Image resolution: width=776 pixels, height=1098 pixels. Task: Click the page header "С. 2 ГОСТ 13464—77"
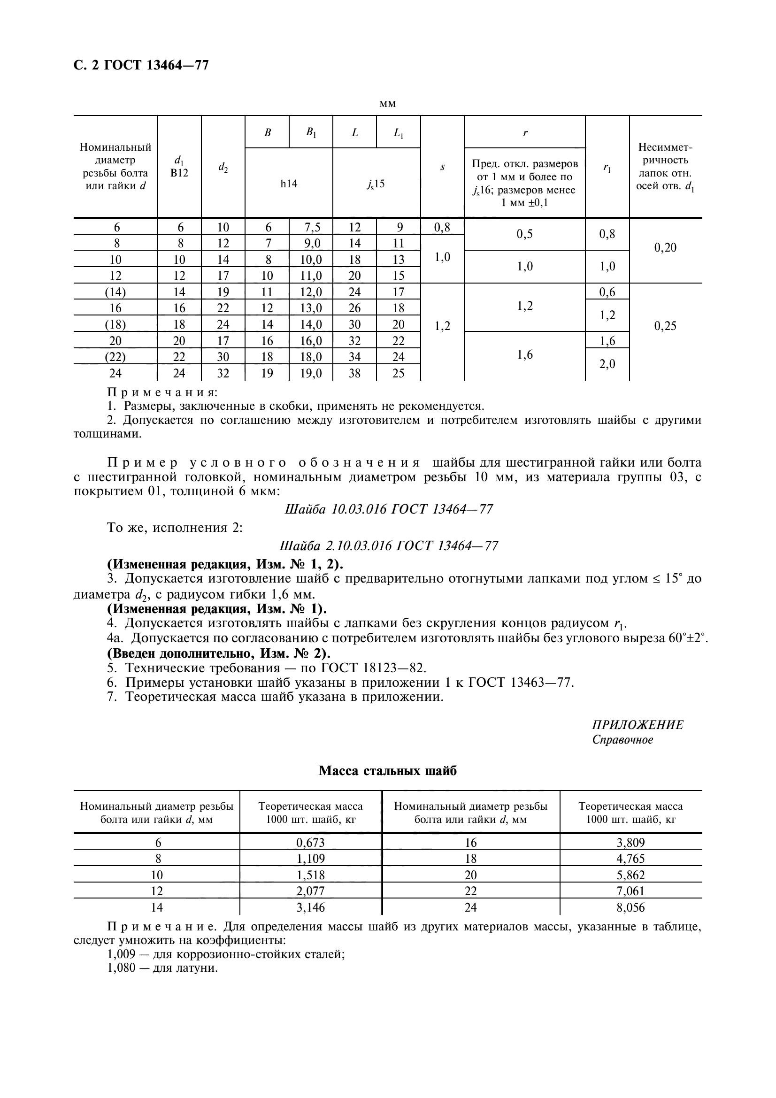click(141, 65)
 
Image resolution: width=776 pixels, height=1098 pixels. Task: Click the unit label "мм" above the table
click(387, 104)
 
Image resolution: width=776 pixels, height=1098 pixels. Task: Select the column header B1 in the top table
click(311, 133)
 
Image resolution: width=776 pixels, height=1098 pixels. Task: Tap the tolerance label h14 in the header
click(289, 184)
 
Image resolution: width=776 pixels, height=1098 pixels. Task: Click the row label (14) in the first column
click(115, 292)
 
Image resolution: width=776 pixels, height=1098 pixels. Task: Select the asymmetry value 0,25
click(665, 326)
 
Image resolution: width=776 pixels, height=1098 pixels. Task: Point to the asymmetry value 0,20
click(665, 248)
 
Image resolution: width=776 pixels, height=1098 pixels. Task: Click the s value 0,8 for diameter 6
click(442, 227)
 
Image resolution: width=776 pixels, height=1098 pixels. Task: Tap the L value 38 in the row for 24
click(354, 374)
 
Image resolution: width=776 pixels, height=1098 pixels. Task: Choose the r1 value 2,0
click(607, 364)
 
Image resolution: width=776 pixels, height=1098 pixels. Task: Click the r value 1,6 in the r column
click(524, 355)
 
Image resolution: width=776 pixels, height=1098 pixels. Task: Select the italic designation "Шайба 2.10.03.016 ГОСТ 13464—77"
click(388, 545)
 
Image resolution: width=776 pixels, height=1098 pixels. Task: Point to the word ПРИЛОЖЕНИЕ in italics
click(638, 725)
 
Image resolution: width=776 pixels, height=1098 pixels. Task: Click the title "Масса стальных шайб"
click(388, 771)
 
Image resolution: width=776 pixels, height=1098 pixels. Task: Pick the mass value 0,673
click(310, 843)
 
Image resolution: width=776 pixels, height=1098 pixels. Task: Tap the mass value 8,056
click(630, 908)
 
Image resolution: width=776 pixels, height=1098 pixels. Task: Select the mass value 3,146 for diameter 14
click(310, 908)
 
